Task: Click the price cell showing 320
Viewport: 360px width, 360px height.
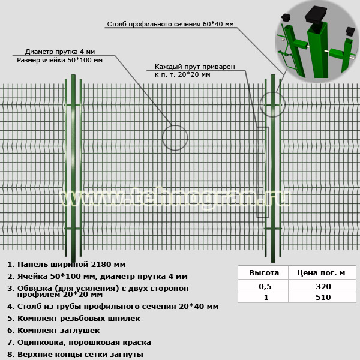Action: coord(323,286)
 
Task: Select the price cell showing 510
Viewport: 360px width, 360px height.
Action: coord(323,298)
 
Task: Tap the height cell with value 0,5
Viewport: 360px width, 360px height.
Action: coord(265,286)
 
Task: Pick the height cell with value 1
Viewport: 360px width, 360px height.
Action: coord(266,298)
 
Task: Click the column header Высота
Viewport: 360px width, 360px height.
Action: coord(264,273)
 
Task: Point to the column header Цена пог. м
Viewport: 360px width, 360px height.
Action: coord(321,273)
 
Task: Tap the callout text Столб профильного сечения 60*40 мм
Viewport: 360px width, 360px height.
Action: coord(170,24)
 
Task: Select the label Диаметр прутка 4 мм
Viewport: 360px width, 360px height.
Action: coord(60,52)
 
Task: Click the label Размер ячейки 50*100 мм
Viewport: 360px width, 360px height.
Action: coord(59,60)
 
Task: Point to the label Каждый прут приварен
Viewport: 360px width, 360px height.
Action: coord(194,67)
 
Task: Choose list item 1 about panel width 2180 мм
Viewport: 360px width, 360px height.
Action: coord(67,265)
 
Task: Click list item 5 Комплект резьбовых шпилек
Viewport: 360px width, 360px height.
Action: coord(73,319)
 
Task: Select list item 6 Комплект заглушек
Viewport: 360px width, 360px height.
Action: coord(53,331)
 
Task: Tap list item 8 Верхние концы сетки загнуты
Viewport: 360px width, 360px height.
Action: coord(75,354)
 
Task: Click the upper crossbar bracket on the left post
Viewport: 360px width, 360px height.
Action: coord(73,105)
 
